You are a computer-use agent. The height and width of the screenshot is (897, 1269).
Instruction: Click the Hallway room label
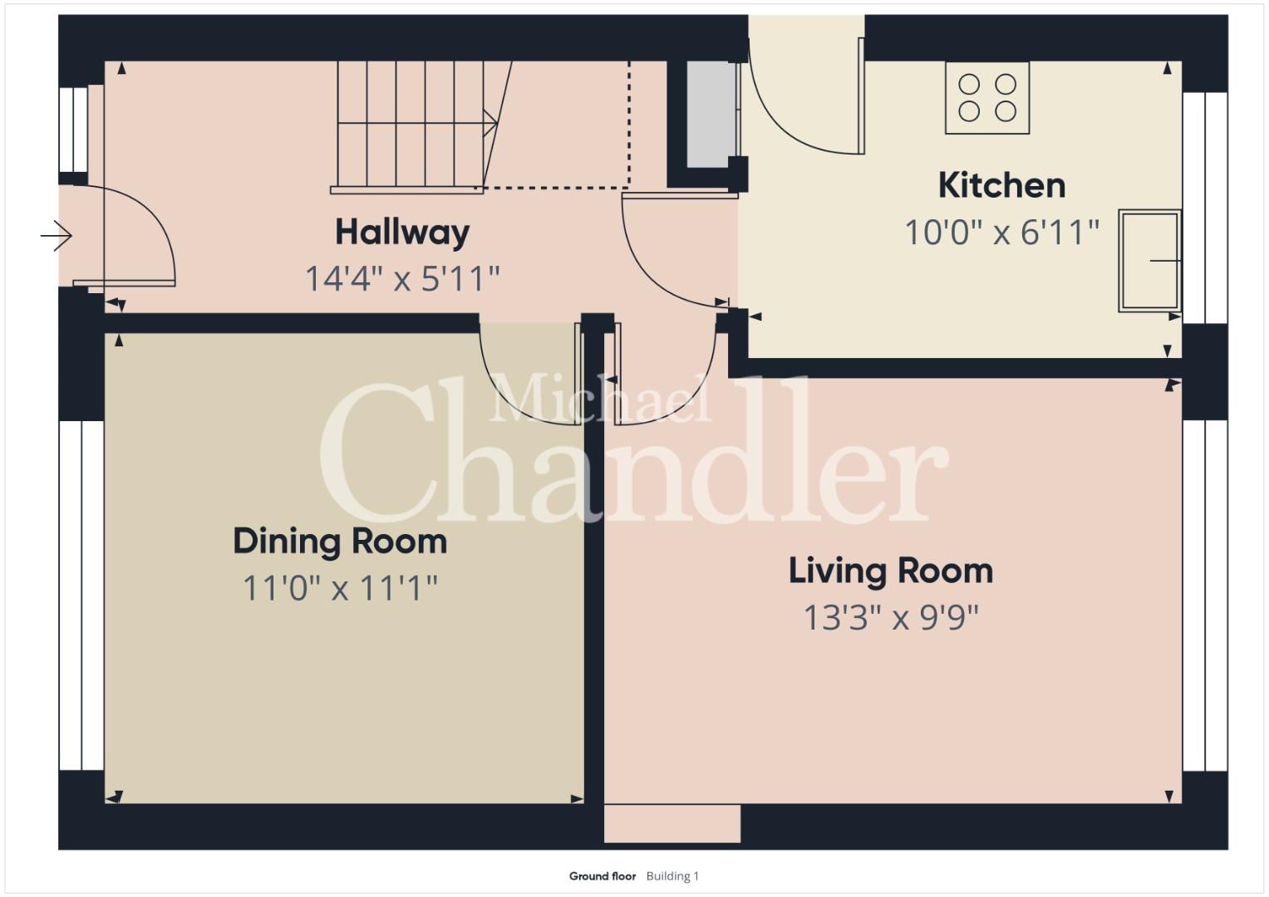pos(402,233)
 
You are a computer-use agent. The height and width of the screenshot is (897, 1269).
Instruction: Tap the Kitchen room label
pos(1001,185)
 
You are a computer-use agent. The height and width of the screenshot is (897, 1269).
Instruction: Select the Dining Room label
pos(340,542)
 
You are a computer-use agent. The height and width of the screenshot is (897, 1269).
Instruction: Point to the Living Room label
pos(891,571)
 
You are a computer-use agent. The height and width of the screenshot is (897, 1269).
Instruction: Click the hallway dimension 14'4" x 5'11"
pos(402,278)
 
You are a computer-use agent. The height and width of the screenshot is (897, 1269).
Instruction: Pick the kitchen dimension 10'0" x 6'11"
pos(1001,233)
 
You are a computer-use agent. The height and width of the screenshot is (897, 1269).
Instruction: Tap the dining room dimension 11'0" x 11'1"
pos(340,588)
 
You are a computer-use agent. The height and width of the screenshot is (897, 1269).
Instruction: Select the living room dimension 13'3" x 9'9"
pos(891,617)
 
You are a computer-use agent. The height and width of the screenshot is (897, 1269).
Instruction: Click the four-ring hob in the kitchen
pos(987,97)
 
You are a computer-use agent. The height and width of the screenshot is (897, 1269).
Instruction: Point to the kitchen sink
pos(1149,261)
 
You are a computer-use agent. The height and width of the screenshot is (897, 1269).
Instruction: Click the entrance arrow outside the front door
pos(56,235)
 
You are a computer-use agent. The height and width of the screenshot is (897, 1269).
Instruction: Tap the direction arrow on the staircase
pos(490,123)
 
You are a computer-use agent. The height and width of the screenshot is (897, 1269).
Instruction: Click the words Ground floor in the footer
pos(603,876)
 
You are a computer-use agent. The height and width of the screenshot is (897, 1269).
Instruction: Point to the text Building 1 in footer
pos(672,876)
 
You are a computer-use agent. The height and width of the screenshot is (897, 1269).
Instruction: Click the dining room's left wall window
pos(81,596)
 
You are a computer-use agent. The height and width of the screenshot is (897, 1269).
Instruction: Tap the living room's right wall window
pos(1205,596)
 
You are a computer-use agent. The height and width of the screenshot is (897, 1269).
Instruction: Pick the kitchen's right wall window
pos(1205,208)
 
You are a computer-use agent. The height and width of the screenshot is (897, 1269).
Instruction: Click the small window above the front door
pos(74,129)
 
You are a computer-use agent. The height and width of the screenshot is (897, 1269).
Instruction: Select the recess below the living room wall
pos(671,823)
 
